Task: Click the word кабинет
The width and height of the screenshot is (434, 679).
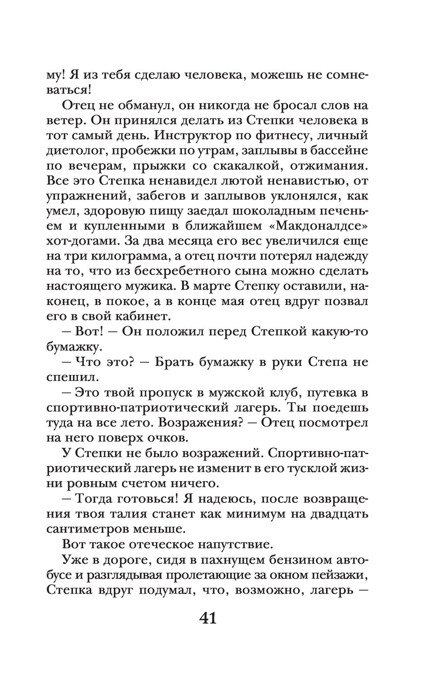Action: pos(142,316)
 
